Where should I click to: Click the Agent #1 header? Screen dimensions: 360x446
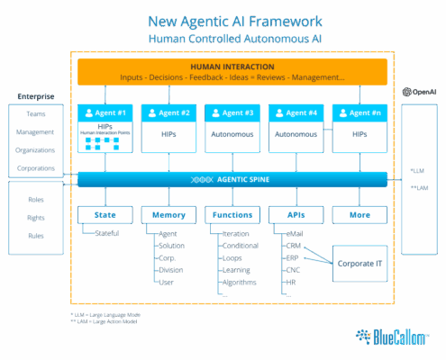(106, 113)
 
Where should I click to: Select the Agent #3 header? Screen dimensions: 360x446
(232, 113)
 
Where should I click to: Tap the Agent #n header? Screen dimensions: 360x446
(360, 113)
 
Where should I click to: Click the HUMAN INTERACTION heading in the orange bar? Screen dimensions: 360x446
(232, 67)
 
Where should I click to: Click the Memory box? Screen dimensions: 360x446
(169, 215)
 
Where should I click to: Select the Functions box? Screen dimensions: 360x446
(232, 215)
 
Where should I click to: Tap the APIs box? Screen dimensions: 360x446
(296, 215)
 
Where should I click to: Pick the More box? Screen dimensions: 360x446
(360, 215)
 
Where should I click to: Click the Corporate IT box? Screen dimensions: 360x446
(360, 264)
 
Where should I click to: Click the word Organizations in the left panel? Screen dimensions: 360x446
(35, 150)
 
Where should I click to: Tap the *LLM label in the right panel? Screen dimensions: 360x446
(417, 169)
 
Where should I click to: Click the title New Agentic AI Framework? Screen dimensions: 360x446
(232, 22)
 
